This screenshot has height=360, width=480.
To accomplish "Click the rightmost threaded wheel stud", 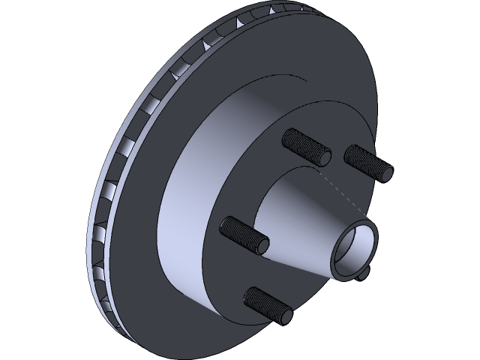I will [367, 162].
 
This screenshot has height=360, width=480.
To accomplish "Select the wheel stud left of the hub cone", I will [244, 235].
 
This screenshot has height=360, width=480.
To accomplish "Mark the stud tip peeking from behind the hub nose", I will [364, 276].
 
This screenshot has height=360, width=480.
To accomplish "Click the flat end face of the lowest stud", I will [285, 316].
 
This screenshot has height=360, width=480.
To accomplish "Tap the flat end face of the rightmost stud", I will [386, 172].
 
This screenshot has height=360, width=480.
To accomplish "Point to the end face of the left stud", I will [262, 245].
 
